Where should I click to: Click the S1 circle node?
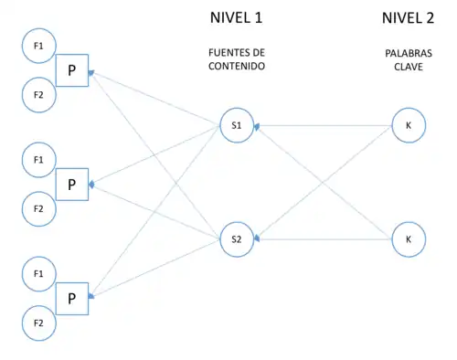click(x=236, y=125)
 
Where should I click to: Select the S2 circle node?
click(x=236, y=239)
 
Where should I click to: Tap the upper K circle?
click(x=407, y=125)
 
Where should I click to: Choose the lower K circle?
click(x=407, y=239)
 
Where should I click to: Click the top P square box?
click(x=71, y=70)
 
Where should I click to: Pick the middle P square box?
click(x=71, y=184)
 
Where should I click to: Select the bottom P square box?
click(x=71, y=298)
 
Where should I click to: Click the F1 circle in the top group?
click(x=38, y=45)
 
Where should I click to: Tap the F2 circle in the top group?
click(x=38, y=95)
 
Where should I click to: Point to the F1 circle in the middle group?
click(x=38, y=159)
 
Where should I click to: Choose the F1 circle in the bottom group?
click(x=38, y=272)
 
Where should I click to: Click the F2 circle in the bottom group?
click(x=38, y=323)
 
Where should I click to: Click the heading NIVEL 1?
click(x=236, y=18)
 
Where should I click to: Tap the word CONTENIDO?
click(x=236, y=67)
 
